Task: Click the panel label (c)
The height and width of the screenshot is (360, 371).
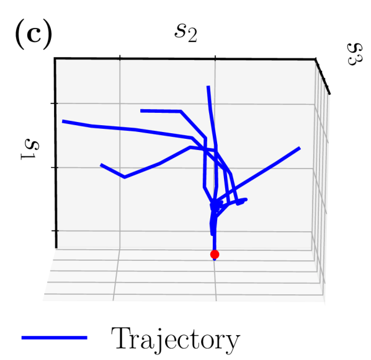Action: [32, 35]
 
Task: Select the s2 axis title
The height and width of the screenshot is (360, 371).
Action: [185, 32]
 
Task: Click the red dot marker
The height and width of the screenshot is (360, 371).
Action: [215, 254]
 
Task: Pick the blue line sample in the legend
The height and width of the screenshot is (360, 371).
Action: [54, 337]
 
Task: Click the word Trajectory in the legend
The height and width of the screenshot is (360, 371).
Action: [174, 338]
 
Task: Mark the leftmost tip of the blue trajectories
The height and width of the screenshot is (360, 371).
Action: [63, 121]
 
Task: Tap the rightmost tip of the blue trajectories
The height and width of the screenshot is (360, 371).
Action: [300, 148]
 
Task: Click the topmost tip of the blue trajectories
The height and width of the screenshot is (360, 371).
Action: [208, 87]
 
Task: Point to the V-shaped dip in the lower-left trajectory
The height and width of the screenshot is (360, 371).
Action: [125, 177]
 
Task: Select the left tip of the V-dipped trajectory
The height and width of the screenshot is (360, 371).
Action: [101, 165]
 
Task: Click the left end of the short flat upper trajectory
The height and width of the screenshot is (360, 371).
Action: [141, 111]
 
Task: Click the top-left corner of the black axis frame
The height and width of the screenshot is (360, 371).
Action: [56, 58]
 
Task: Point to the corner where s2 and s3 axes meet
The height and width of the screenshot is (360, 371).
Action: [316, 59]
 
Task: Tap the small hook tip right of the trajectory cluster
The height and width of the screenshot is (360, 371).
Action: [246, 200]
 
